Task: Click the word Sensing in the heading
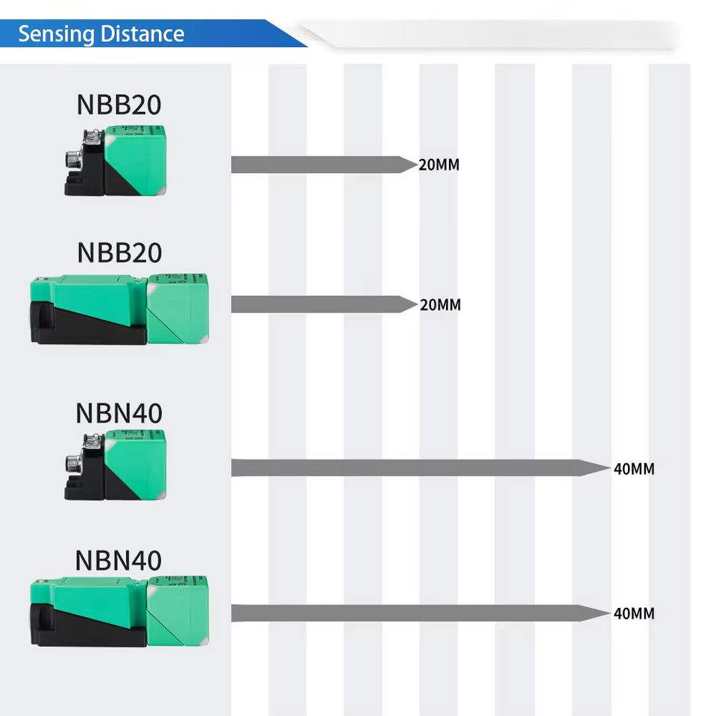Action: [56, 35]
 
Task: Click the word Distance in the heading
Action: [142, 34]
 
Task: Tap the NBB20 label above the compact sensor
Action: [119, 104]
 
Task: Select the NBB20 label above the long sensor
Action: [119, 253]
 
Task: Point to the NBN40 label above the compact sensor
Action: [119, 413]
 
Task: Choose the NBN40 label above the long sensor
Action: [119, 560]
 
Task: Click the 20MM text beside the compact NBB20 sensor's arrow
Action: [439, 165]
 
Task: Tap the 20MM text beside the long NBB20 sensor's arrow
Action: [440, 304]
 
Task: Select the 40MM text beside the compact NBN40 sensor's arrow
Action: [634, 468]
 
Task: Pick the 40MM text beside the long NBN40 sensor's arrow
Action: [634, 613]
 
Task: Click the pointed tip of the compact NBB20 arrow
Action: [418, 164]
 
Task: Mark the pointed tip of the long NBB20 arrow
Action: [418, 304]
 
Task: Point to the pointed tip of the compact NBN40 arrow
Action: [610, 468]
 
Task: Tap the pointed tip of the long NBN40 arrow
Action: [610, 613]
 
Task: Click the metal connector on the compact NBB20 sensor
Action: [75, 160]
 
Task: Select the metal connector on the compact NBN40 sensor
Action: [75, 464]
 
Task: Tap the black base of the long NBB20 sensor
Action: [87, 325]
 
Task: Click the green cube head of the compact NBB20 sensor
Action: [136, 160]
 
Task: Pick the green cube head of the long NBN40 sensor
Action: [178, 611]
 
